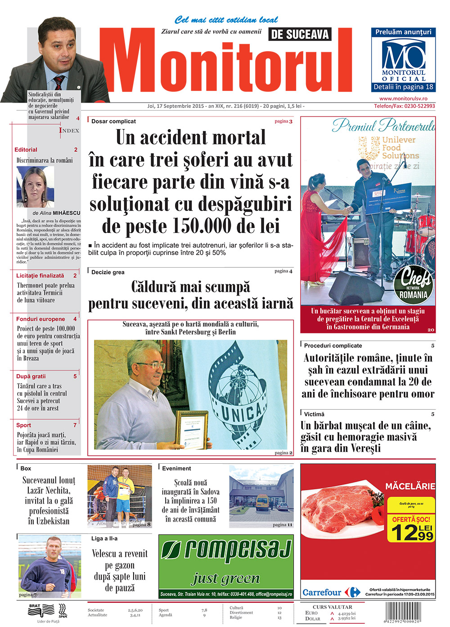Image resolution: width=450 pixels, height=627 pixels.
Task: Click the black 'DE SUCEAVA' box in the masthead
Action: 300,35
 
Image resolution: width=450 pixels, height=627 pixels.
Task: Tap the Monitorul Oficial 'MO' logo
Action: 403,55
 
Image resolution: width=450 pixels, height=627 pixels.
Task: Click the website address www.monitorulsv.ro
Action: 403,99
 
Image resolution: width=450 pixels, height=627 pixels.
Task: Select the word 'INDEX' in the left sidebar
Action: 69,130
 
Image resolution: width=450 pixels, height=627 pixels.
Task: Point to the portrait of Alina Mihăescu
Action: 35,187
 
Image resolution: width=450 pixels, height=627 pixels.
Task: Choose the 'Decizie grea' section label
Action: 108,272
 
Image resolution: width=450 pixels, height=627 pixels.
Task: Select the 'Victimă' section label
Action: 314,414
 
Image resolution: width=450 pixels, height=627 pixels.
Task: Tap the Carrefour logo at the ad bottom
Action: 331,592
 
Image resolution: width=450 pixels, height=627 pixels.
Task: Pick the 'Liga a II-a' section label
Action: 104,538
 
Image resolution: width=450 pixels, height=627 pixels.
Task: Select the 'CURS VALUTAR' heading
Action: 333,607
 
